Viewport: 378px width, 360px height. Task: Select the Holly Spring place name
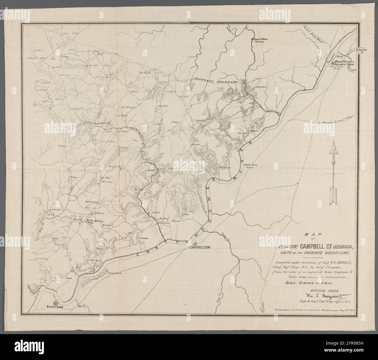point(94,220)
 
